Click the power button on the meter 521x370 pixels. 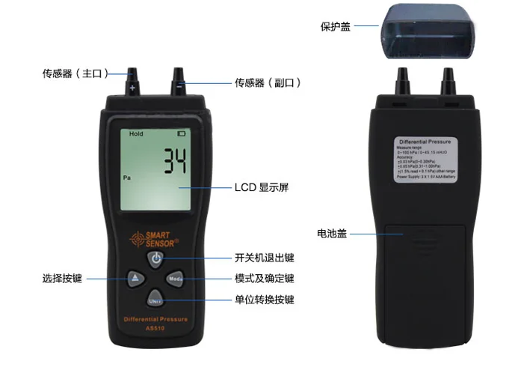click(155, 258)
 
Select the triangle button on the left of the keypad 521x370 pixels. click(135, 279)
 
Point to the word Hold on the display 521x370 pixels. click(136, 134)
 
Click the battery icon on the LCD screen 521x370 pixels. click(181, 133)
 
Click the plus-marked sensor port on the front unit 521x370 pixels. click(133, 81)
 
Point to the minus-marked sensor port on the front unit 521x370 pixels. click(178, 81)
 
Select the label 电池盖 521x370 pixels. click(331, 234)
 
